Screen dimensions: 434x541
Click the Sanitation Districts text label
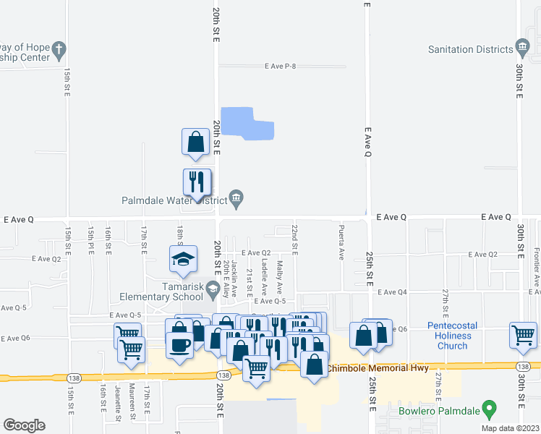point(469,50)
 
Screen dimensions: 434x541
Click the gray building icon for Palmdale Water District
point(237,197)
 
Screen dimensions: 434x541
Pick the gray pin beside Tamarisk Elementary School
point(212,291)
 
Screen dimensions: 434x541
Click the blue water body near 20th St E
point(246,123)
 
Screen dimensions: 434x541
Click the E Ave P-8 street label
point(281,67)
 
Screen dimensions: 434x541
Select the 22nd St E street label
point(295,238)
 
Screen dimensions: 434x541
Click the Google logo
point(24,425)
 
